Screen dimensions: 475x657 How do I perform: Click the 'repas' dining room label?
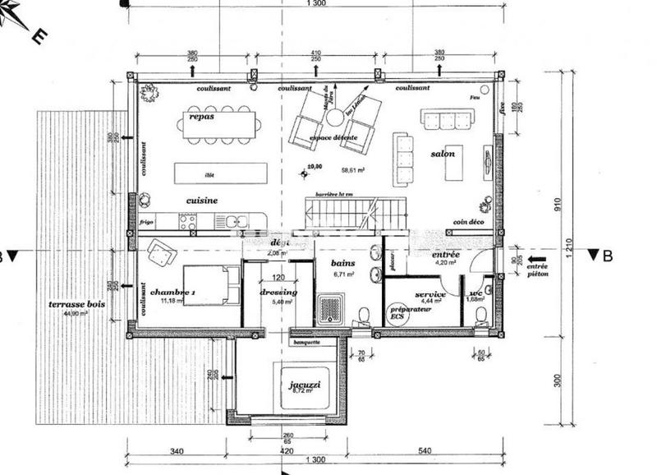[201, 117]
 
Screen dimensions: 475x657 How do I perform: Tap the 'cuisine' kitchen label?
[201, 200]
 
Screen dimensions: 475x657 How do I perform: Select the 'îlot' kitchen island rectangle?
[221, 174]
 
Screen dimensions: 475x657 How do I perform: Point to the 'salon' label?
[443, 154]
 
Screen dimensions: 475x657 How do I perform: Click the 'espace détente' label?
[333, 137]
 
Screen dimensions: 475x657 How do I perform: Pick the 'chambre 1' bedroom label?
[172, 293]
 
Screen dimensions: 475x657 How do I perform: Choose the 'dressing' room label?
[278, 293]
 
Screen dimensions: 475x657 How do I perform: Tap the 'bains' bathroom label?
[342, 264]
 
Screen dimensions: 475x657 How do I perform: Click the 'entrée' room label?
[448, 256]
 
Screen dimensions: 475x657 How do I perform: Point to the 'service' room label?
[430, 294]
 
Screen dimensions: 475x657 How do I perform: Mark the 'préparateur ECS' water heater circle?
[397, 316]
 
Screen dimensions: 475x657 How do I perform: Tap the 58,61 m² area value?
[352, 171]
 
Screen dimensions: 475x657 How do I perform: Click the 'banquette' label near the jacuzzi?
[305, 342]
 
